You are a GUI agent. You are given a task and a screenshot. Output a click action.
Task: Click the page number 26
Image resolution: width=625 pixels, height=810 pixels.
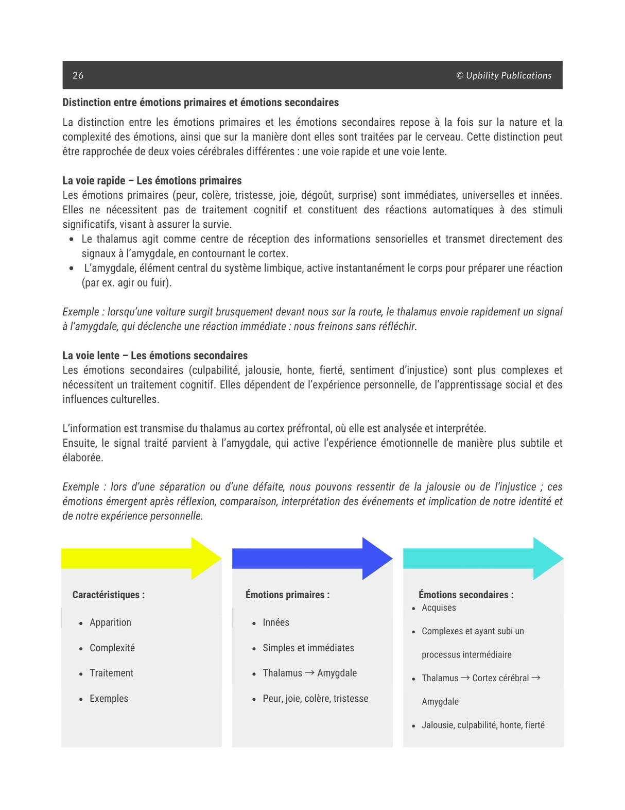click(78, 75)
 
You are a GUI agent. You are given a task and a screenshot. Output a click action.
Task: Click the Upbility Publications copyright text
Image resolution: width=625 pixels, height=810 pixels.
click(504, 75)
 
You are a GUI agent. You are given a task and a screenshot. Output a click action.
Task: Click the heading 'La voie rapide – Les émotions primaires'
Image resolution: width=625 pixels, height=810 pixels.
click(152, 180)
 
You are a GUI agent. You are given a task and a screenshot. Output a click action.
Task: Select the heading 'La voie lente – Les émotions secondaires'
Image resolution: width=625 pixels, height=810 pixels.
click(155, 356)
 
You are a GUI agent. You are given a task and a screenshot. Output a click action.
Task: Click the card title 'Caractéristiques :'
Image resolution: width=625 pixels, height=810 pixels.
click(108, 595)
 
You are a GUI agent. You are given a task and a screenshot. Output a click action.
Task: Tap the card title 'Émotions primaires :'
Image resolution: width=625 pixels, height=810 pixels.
click(287, 595)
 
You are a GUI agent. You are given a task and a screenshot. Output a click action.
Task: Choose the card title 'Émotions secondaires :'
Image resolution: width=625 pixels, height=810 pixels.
click(466, 595)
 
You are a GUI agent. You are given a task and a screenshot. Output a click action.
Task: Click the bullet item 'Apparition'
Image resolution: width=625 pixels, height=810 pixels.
click(110, 622)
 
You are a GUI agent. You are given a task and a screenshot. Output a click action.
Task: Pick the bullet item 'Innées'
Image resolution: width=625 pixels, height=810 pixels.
click(275, 622)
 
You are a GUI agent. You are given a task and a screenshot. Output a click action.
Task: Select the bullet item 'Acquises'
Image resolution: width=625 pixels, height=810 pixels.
click(439, 608)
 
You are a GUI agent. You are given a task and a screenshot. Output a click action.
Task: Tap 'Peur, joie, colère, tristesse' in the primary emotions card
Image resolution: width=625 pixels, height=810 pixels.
click(315, 699)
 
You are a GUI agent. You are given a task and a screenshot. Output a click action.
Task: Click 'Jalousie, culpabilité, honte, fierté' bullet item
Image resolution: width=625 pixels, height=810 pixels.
click(483, 725)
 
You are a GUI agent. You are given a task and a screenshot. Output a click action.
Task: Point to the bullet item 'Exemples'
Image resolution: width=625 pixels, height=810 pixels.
click(109, 699)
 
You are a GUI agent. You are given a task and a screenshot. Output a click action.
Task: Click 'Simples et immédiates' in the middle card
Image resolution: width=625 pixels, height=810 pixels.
click(308, 648)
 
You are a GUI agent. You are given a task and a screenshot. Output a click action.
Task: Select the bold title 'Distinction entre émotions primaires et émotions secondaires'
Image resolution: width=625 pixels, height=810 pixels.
click(200, 103)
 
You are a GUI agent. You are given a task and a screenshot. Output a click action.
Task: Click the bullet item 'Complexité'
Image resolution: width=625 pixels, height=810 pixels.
click(112, 648)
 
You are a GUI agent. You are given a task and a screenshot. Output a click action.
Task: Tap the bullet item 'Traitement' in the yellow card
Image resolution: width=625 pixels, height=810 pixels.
click(111, 673)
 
